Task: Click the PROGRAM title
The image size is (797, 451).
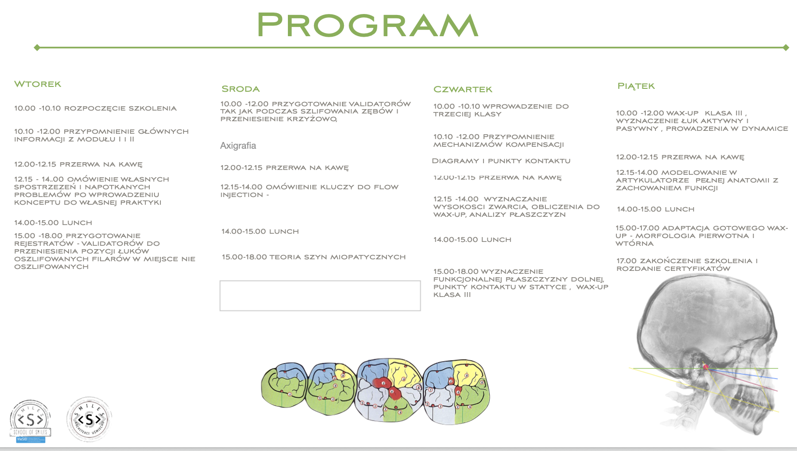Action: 367,25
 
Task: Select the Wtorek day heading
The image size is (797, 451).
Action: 38,84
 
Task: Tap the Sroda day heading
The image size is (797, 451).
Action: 241,89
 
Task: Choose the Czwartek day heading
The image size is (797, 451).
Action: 463,89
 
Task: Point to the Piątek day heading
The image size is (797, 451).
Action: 636,86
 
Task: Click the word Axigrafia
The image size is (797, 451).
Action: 238,146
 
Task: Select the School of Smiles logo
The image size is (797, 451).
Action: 30,421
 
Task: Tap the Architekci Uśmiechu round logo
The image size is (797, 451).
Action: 89,420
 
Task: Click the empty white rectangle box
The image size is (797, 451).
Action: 320,296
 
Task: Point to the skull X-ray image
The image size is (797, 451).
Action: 705,352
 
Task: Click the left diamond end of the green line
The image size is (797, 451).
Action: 37,47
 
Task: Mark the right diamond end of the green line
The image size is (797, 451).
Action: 786,47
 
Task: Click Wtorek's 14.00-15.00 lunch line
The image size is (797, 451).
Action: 53,223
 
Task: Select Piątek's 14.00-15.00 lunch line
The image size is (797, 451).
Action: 655,209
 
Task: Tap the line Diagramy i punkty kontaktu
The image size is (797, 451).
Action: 501,161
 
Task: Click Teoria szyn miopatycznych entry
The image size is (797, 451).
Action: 313,257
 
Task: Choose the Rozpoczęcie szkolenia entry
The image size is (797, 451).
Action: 95,108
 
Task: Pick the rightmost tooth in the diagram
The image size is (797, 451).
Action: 456,391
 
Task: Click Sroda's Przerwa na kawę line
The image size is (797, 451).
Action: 284,168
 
